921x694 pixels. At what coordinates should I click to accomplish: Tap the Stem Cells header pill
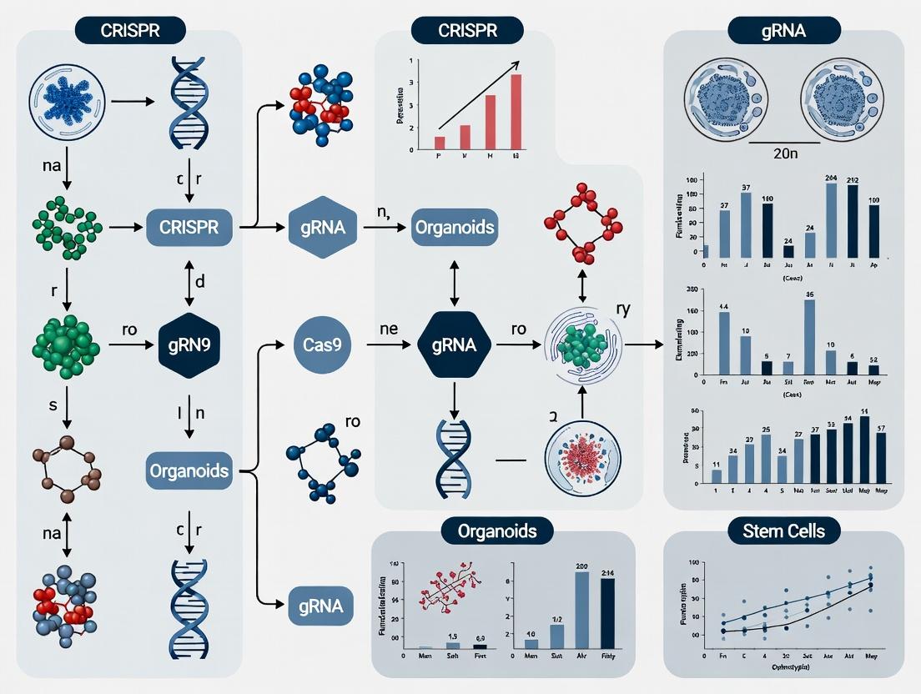pyautogui.click(x=783, y=530)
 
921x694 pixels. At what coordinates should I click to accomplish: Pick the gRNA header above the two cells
pyautogui.click(x=783, y=31)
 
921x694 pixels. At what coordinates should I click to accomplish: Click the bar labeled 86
pyautogui.click(x=808, y=337)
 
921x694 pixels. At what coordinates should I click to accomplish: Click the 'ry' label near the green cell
pyautogui.click(x=623, y=309)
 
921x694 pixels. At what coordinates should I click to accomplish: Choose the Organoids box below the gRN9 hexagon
pyautogui.click(x=189, y=470)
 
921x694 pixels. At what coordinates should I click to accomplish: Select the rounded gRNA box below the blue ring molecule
pyautogui.click(x=322, y=606)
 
